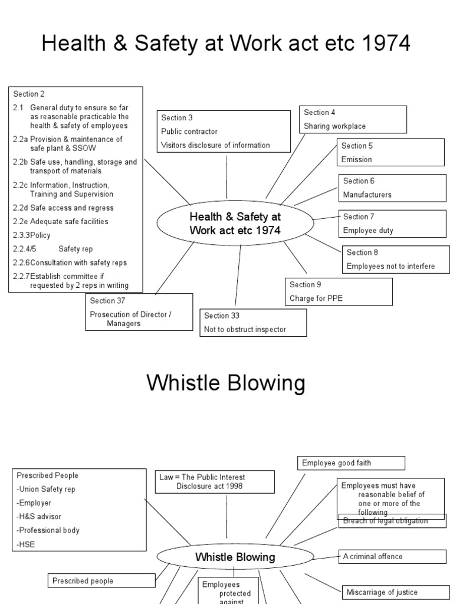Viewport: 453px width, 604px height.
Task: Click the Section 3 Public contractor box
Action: pos(224,132)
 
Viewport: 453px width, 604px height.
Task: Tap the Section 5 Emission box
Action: pos(390,153)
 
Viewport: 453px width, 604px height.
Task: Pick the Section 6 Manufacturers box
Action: pos(392,188)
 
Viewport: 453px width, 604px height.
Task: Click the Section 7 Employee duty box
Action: pos(392,224)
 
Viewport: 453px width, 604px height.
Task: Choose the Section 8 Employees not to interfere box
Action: pos(396,260)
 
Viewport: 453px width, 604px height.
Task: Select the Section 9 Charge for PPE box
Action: pos(339,291)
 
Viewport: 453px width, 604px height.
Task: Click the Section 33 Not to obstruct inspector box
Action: pos(253,323)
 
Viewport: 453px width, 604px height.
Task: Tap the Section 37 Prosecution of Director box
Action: pos(139,311)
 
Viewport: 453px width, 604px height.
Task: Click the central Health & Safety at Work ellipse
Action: pos(235,224)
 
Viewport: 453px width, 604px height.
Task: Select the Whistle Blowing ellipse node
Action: pos(235,557)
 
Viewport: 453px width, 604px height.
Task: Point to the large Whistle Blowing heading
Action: pos(226,383)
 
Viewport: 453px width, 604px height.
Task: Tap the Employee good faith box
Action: pos(351,463)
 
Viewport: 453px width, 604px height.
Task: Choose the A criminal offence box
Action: pos(392,556)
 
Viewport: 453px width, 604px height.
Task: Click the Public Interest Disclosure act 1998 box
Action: pos(215,481)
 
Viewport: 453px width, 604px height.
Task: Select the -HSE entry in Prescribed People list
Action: pos(27,544)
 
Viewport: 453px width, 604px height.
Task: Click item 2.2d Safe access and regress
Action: pos(64,208)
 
